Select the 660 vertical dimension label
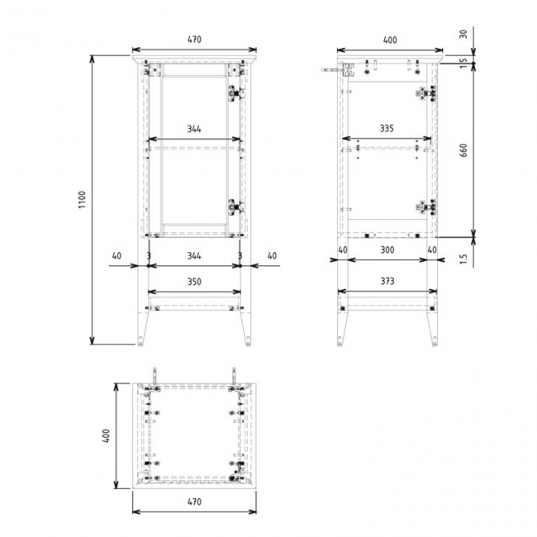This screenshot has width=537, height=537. coord(463,150)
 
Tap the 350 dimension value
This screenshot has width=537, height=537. coord(194,282)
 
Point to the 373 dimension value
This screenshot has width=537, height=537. coord(387,282)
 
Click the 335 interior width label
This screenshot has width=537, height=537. coord(387,129)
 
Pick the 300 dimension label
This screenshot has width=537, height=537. coord(387,248)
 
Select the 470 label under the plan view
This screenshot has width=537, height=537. coord(194,501)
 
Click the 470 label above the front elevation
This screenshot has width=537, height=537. coord(194,39)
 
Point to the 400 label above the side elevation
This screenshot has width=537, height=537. coord(389,39)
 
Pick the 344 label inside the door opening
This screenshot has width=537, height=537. coord(194,129)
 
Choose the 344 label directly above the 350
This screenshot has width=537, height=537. coord(194,257)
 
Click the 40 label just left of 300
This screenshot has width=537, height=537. coord(342,248)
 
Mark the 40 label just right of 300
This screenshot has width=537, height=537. coord(431,248)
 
